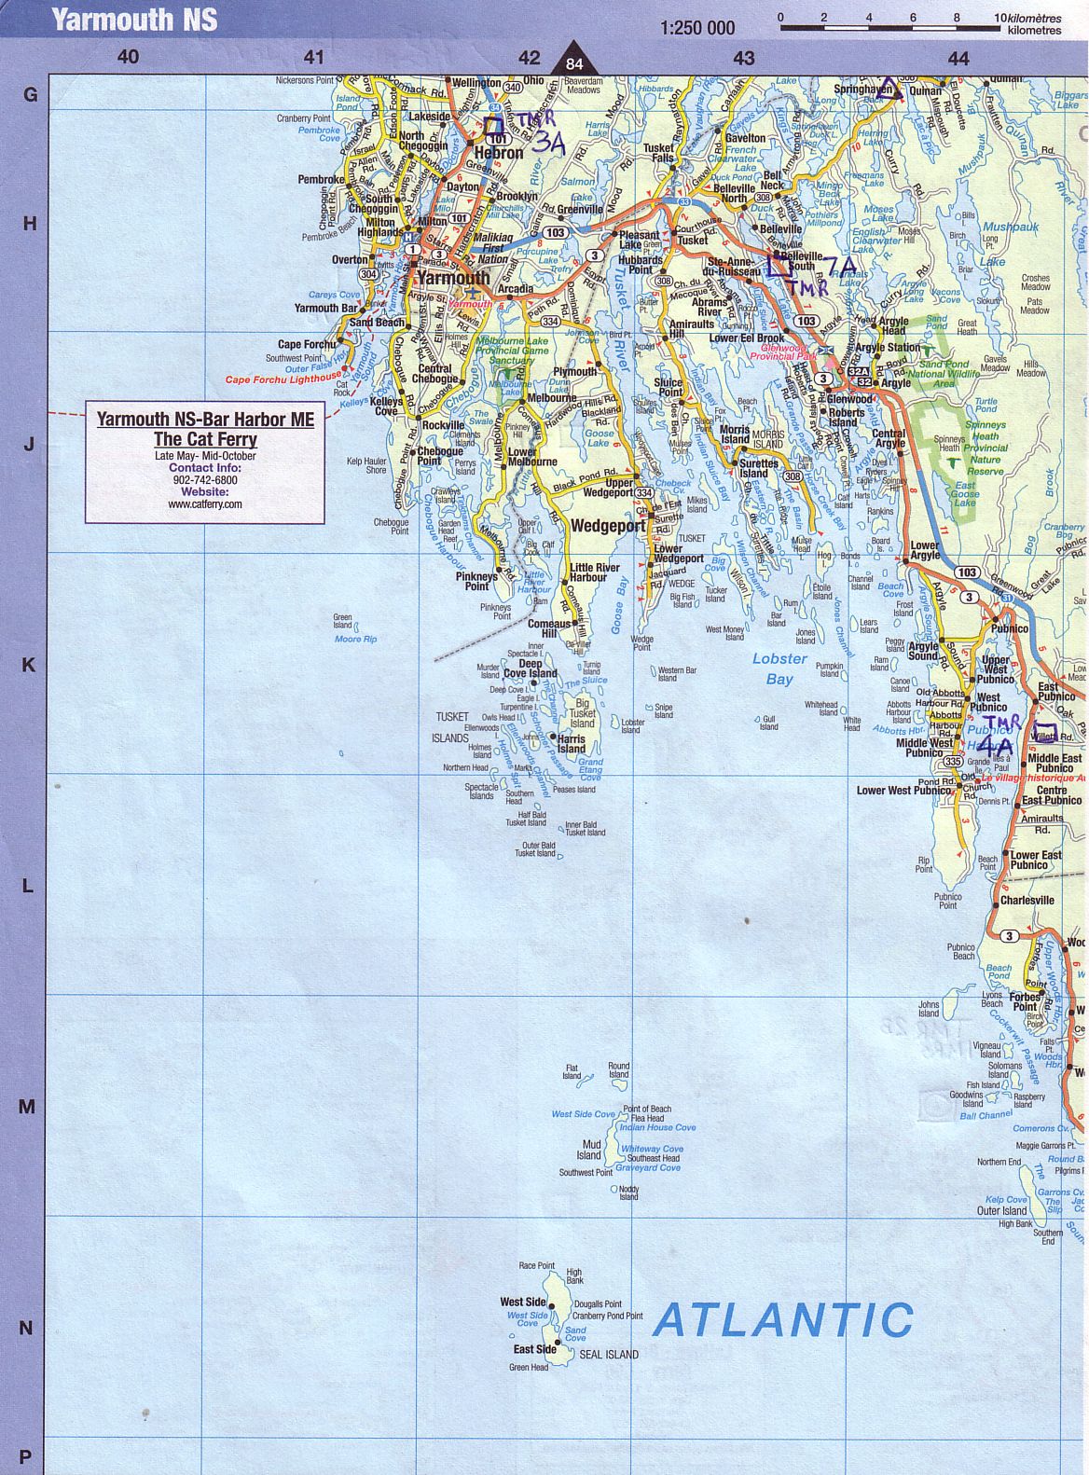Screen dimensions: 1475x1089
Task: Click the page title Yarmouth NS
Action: click(x=134, y=19)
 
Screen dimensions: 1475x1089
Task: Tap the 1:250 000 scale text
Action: click(x=697, y=28)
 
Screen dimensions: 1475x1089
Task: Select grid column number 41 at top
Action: click(x=314, y=58)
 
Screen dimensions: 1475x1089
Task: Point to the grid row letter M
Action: click(x=27, y=1107)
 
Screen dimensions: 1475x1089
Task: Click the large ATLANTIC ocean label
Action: click(x=783, y=1319)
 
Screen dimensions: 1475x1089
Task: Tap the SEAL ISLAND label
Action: click(x=609, y=1354)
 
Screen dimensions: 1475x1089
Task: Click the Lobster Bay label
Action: click(x=779, y=669)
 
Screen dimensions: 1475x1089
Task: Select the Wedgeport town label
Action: click(x=608, y=526)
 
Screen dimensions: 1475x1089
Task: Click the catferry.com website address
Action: click(x=204, y=504)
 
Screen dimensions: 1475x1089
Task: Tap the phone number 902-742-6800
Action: click(x=205, y=480)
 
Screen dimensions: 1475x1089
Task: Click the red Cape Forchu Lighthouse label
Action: click(x=283, y=379)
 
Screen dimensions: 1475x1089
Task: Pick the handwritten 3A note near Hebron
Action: click(x=549, y=142)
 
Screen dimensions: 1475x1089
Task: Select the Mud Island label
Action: click(x=590, y=1150)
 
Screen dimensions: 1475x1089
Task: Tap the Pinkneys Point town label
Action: click(x=476, y=581)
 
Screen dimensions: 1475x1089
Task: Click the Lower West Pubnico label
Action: click(x=903, y=791)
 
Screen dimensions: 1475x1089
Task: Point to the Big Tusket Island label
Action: click(x=583, y=713)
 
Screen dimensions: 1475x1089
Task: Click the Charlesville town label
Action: click(x=1027, y=901)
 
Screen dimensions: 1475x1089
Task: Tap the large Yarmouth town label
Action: click(x=453, y=278)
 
